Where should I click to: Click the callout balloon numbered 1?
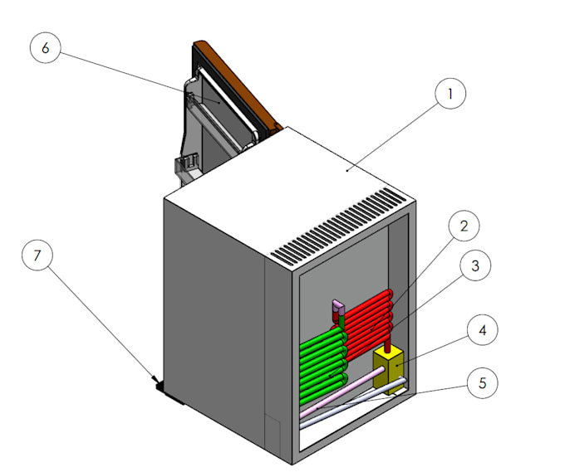tap(450, 95)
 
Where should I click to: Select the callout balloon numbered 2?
tap(464, 226)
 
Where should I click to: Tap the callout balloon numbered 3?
tap(474, 266)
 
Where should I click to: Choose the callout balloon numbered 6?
tap(45, 48)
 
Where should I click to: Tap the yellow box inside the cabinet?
tap(390, 366)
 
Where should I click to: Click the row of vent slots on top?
tap(341, 226)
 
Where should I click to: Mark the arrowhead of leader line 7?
tap(155, 382)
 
